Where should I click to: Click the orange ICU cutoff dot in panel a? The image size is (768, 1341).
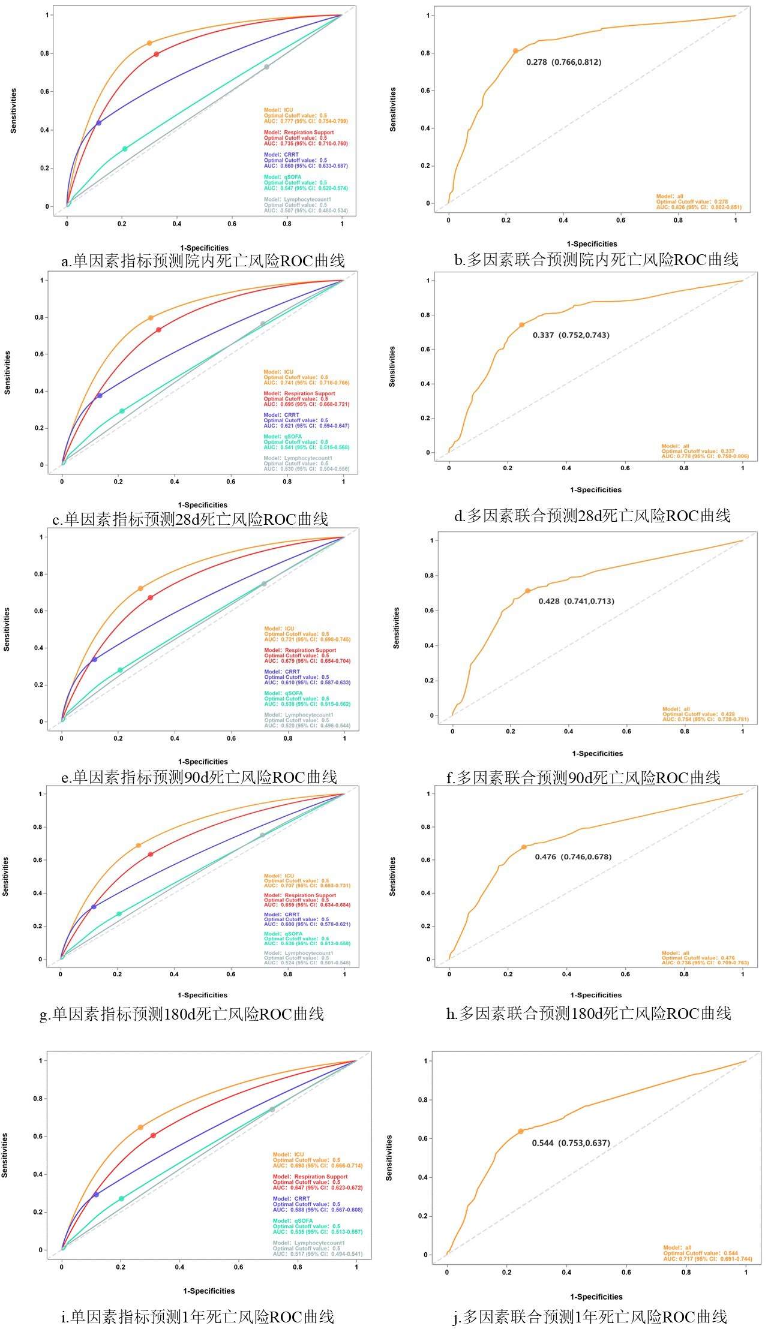(x=149, y=43)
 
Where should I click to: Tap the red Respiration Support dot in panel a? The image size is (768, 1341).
(x=157, y=55)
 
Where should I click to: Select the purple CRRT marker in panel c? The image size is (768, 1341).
(x=100, y=396)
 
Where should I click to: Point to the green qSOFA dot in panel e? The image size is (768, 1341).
(x=120, y=670)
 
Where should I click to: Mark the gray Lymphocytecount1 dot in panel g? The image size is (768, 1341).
(x=262, y=835)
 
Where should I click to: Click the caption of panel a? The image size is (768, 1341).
(x=203, y=261)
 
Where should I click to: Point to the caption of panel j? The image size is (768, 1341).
(x=589, y=1317)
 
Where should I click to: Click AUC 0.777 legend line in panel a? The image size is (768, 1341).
(x=305, y=122)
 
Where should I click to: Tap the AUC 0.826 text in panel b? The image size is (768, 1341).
(x=698, y=208)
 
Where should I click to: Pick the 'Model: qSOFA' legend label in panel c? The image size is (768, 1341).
(x=283, y=437)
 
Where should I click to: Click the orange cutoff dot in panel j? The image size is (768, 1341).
(x=521, y=1131)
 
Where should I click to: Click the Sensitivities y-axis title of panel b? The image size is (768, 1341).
(x=393, y=109)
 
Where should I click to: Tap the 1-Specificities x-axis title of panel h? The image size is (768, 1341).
(x=596, y=995)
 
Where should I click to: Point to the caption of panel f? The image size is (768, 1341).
(x=583, y=778)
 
